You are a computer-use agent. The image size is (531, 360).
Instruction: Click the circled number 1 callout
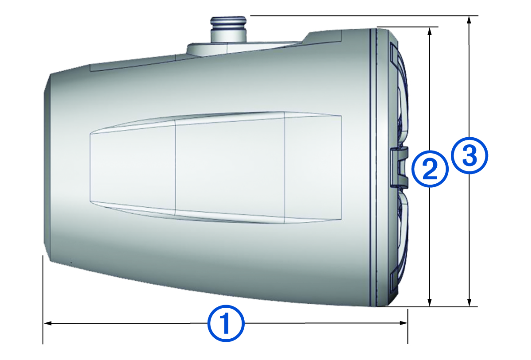point(226,323)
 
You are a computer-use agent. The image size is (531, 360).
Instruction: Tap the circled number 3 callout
point(469,156)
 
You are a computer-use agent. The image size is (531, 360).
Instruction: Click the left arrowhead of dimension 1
point(47,324)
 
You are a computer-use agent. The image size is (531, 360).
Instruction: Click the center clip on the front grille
point(400,167)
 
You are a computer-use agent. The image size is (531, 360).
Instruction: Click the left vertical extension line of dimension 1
point(43,301)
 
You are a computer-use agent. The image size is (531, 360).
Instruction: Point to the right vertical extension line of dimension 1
point(408,328)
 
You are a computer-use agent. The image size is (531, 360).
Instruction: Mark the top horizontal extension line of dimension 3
point(363,15)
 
